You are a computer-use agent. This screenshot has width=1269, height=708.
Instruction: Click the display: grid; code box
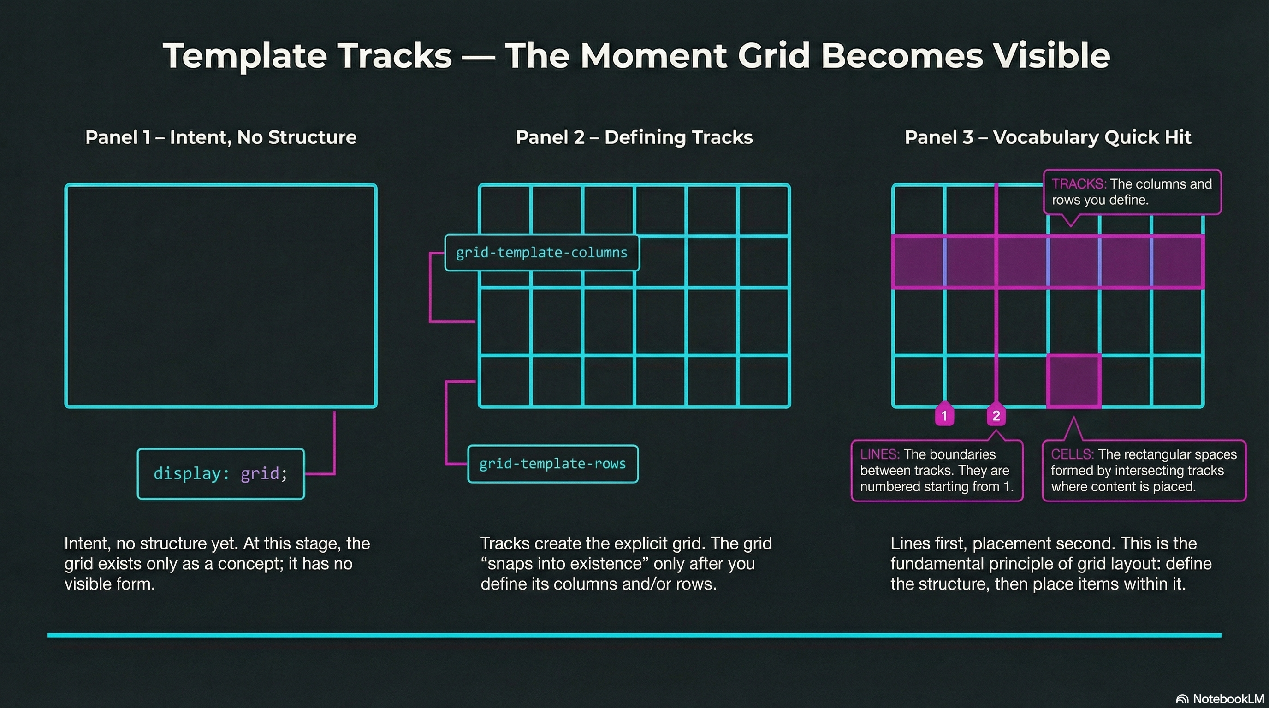(x=221, y=474)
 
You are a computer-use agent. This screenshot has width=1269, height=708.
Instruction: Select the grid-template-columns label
(x=541, y=253)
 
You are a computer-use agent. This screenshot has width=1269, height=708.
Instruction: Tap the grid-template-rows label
(x=552, y=464)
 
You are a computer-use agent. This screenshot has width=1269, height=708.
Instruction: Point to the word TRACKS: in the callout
(x=1079, y=184)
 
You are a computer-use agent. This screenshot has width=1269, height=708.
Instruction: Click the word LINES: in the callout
(x=879, y=454)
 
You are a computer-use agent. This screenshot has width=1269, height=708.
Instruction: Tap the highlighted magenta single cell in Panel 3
(x=1074, y=381)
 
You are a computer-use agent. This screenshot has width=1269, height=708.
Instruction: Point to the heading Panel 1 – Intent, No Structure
(x=221, y=137)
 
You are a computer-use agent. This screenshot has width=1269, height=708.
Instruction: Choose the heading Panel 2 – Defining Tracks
(x=634, y=137)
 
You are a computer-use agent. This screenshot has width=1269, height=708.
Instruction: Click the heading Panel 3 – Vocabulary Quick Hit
(x=1048, y=137)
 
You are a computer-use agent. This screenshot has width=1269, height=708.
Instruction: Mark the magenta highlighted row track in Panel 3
(x=1048, y=261)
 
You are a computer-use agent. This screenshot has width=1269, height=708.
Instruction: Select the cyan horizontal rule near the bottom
(x=634, y=636)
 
